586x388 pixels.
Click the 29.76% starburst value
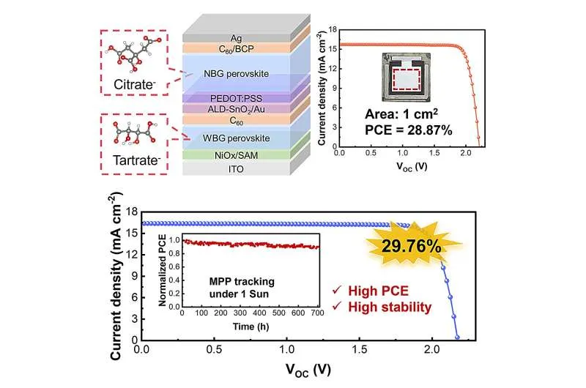(x=415, y=245)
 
